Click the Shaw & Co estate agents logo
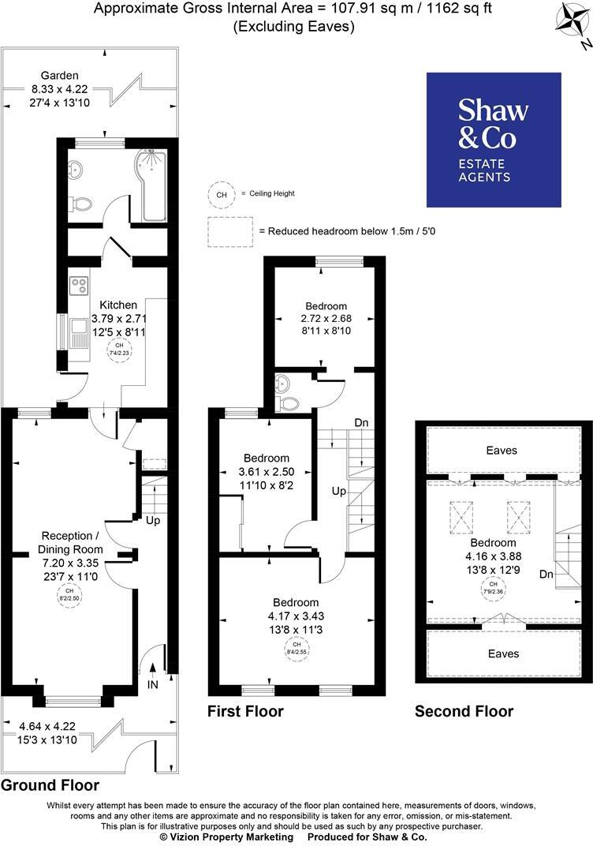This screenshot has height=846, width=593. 494,140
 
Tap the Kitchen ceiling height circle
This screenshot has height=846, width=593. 119,350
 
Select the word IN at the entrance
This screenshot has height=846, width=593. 153,684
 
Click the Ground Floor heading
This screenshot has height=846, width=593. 50,785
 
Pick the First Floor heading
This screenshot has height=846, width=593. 245,711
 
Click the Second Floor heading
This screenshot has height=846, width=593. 464,711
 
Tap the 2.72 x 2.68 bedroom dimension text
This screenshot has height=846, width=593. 326,319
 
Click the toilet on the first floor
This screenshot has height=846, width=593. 289,402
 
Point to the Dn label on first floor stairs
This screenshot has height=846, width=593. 362,423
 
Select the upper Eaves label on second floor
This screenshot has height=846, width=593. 502,450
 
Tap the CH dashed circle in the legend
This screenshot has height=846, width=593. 221,193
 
